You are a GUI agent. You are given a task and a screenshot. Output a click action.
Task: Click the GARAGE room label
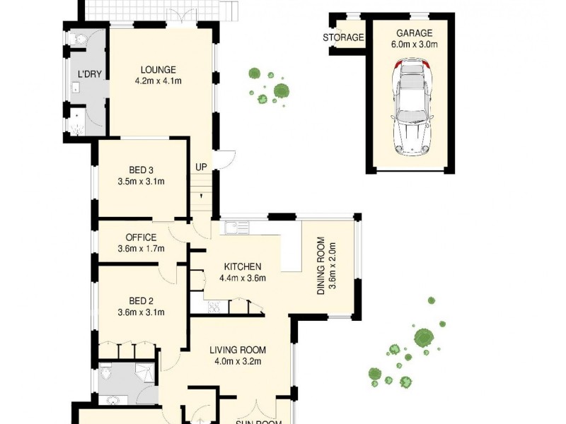pyautogui.click(x=414, y=33)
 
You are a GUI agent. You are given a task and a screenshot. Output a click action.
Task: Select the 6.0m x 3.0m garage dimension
pyautogui.click(x=414, y=44)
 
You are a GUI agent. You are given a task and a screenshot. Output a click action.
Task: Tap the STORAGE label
pyautogui.click(x=343, y=37)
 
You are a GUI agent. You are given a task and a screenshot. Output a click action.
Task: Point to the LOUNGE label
pyautogui.click(x=158, y=69)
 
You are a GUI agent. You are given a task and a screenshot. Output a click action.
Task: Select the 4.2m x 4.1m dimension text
pyautogui.click(x=158, y=81)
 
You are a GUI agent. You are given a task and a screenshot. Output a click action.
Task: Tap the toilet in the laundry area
pyautogui.click(x=79, y=40)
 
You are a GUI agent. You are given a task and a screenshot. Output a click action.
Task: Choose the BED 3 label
pyautogui.click(x=141, y=170)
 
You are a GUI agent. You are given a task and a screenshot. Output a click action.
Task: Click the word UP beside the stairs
pyautogui.click(x=202, y=167)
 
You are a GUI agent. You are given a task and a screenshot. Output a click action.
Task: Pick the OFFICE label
pyautogui.click(x=141, y=237)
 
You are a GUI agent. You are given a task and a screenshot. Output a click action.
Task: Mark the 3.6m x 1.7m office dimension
pyautogui.click(x=141, y=249)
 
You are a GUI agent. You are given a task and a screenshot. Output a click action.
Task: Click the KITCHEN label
pyautogui.click(x=243, y=266)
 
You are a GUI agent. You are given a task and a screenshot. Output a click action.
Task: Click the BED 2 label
pyautogui.click(x=141, y=300)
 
